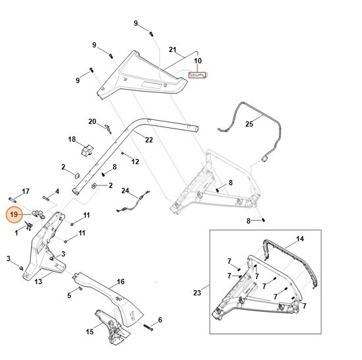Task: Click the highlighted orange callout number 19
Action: coord(15,214)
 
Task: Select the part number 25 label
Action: coord(249,123)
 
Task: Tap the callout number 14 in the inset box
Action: coord(299,238)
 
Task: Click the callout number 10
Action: coord(197,61)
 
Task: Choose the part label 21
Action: coord(173,50)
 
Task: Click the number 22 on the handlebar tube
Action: coord(148,140)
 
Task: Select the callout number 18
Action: coord(72,139)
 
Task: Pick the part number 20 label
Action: coord(92,121)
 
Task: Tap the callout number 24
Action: coord(125,191)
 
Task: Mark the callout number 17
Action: coord(26,191)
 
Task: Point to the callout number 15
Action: coord(89,332)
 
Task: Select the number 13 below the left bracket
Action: coord(38,282)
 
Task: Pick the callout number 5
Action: coord(69,295)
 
